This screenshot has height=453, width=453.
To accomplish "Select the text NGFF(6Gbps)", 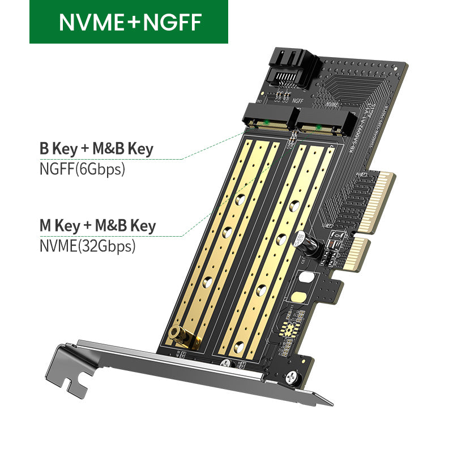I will [82, 169].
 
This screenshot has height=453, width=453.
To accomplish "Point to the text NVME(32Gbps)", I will [87, 246].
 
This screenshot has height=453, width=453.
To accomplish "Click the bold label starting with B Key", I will [96, 149].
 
